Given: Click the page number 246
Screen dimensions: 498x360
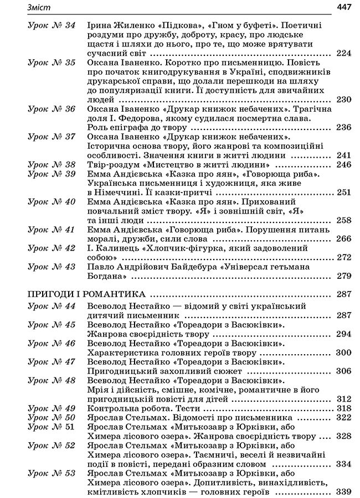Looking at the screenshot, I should pos(344,165).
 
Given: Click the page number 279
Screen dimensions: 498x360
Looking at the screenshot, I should pos(344,276).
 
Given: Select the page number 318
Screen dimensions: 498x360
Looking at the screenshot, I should pos(344,408).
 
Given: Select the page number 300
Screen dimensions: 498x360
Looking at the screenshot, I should pos(344,352).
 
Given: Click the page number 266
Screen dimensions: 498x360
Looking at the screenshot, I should pos(344,239).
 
